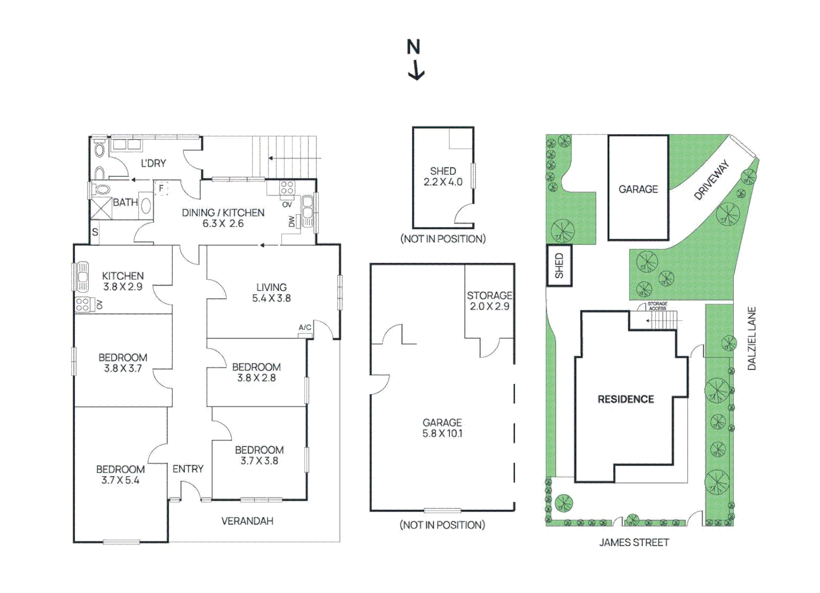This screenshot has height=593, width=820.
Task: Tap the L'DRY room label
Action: (x=153, y=163)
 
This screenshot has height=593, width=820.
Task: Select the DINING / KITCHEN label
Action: (x=223, y=212)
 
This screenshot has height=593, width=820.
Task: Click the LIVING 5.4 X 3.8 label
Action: (x=271, y=293)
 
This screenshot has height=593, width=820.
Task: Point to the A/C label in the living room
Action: (x=305, y=328)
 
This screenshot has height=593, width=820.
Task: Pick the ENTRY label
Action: (x=188, y=469)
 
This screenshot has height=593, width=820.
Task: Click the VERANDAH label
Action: (x=247, y=521)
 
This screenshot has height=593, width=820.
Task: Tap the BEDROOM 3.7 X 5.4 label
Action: (x=120, y=475)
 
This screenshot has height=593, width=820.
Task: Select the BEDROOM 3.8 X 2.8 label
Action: (x=256, y=372)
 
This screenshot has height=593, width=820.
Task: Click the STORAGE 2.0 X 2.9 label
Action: (x=489, y=301)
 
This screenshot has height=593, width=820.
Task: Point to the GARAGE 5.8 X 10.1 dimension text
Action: (x=442, y=433)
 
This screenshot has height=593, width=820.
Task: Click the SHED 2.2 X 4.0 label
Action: (x=443, y=176)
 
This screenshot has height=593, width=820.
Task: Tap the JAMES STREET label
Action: (x=634, y=542)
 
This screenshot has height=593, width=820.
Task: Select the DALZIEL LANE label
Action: (x=751, y=338)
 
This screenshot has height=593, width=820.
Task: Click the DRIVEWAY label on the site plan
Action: (x=712, y=180)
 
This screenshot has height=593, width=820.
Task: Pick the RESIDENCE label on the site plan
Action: (x=626, y=399)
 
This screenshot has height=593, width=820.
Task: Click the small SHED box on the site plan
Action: (x=559, y=266)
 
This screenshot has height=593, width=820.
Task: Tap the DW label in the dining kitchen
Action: (x=291, y=221)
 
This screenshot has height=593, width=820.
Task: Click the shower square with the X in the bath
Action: (x=101, y=209)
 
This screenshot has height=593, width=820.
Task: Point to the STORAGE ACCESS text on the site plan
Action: (x=657, y=306)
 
